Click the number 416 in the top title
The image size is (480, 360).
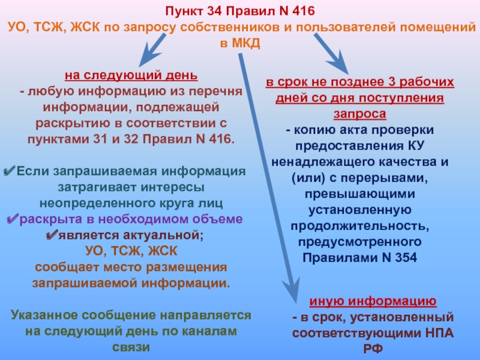304,11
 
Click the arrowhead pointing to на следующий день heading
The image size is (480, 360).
148,55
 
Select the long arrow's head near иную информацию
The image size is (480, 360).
292,289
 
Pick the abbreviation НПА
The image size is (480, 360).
439,333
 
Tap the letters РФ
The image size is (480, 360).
373,349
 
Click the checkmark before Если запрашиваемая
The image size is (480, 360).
9,171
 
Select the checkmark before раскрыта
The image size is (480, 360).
13,219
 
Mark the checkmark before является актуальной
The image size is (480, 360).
52,235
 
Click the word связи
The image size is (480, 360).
131,347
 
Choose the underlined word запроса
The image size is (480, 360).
359,114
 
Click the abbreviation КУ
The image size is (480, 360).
416,146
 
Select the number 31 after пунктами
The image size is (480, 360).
101,139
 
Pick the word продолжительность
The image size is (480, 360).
359,226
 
